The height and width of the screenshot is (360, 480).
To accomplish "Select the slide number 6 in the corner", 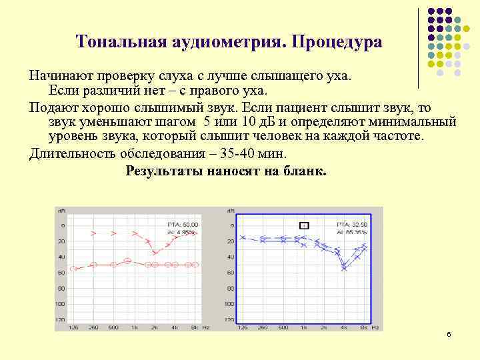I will (449, 333).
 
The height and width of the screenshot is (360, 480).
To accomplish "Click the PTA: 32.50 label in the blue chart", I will (352, 225).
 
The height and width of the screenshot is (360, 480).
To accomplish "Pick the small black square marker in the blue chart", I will (304, 225).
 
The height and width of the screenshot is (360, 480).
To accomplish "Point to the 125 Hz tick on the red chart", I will (73, 327).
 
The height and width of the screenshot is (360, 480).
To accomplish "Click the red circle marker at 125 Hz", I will (73, 269).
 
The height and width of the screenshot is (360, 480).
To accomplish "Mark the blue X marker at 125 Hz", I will (243, 237).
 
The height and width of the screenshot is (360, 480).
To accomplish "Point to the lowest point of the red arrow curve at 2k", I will (155, 253).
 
